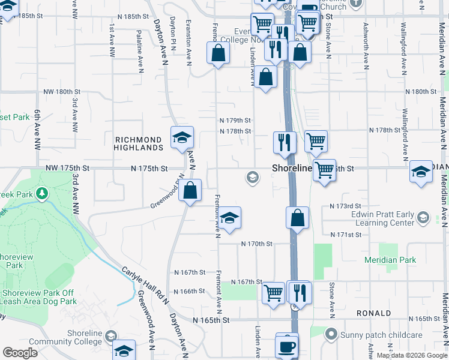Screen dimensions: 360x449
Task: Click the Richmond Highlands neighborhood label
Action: click(139, 143)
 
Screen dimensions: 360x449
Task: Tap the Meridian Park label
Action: click(391, 260)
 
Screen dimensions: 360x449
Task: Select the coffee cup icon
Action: click(287, 347)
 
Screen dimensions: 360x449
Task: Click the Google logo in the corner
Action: click(20, 352)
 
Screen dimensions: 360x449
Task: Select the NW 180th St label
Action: click(62, 92)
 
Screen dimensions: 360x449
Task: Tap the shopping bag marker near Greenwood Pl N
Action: click(190, 191)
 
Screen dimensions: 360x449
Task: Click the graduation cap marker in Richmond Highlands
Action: click(182, 138)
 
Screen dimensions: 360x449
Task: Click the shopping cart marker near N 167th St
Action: click(274, 293)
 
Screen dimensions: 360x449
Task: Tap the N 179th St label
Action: click(235, 120)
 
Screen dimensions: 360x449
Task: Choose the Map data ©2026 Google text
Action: click(412, 355)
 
